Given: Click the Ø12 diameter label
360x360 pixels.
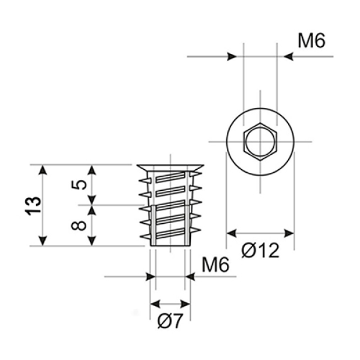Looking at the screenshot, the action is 260,250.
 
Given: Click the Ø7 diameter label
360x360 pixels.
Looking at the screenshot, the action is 170,321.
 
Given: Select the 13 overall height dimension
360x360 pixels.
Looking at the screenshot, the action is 33,206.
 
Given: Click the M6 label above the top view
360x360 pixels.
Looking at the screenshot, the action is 311,41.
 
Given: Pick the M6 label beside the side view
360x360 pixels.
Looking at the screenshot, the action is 215,265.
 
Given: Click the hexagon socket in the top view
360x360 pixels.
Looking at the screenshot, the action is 260,142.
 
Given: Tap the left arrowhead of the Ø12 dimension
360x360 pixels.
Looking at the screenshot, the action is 232,233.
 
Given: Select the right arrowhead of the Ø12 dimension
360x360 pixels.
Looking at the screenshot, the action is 289,233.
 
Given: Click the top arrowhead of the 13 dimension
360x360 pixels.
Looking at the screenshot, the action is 43,170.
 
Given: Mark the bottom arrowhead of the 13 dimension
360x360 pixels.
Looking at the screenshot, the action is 43,241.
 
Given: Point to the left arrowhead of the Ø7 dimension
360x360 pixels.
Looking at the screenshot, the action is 155,304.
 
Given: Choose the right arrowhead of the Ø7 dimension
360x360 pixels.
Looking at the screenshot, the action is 185,304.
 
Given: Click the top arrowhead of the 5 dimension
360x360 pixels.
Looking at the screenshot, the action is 92,170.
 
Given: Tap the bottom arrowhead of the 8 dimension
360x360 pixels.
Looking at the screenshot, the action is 92,241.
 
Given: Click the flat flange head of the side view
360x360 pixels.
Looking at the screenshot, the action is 170,167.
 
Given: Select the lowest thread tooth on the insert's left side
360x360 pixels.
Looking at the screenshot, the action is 146,236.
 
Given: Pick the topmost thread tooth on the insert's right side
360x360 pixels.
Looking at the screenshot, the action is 196,175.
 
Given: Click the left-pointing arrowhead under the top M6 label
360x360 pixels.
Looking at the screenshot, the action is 289,56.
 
